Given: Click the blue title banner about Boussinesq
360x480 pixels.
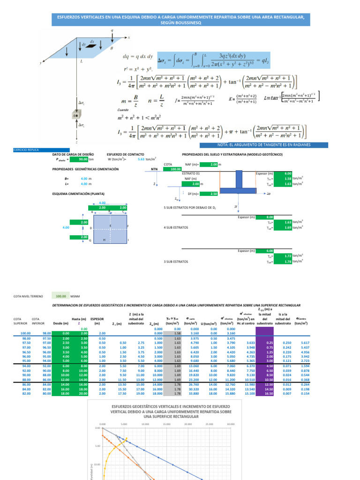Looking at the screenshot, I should pyautogui.click(x=180, y=19).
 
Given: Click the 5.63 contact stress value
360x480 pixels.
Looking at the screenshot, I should pyautogui.click(x=141, y=159).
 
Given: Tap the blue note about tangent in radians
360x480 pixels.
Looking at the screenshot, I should pyautogui.click(x=255, y=145).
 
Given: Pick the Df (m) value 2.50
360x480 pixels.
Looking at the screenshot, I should pyautogui.click(x=213, y=194).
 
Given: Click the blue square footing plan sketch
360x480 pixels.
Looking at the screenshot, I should pyautogui.click(x=110, y=228).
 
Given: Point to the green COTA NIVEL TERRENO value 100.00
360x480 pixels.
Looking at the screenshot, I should pyautogui.click(x=61, y=296).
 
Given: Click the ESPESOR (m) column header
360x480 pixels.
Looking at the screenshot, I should pyautogui.click(x=97, y=321).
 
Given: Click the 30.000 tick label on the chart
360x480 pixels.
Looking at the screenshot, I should pyautogui.click(x=230, y=425).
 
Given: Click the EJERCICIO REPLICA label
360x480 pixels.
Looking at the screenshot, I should pyautogui.click(x=26, y=150).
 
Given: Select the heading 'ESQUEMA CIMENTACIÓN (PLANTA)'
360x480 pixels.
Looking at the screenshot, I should pyautogui.click(x=78, y=194).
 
